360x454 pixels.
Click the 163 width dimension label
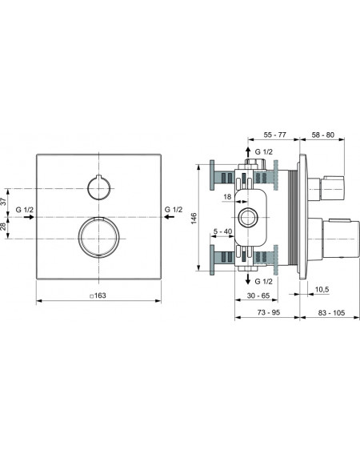click(x=98, y=295)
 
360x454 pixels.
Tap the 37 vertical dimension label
click(x=3, y=201)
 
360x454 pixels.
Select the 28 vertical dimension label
click(x=3, y=226)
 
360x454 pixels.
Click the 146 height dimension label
click(x=194, y=218)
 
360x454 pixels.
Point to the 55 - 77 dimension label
click(x=274, y=135)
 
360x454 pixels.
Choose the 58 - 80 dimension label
click(x=322, y=135)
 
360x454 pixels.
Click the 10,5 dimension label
click(x=322, y=289)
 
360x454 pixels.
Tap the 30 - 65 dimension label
click(x=258, y=295)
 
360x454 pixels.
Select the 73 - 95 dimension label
click(x=269, y=312)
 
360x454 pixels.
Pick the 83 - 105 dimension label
click(x=332, y=313)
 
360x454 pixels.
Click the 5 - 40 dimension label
click(x=222, y=231)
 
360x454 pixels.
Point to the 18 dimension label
click(x=227, y=197)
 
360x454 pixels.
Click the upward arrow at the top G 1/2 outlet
click(x=248, y=153)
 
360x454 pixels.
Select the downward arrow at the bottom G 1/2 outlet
click(x=248, y=278)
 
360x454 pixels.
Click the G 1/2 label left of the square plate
click(x=25, y=210)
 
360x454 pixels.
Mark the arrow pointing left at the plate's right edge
click(x=170, y=217)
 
